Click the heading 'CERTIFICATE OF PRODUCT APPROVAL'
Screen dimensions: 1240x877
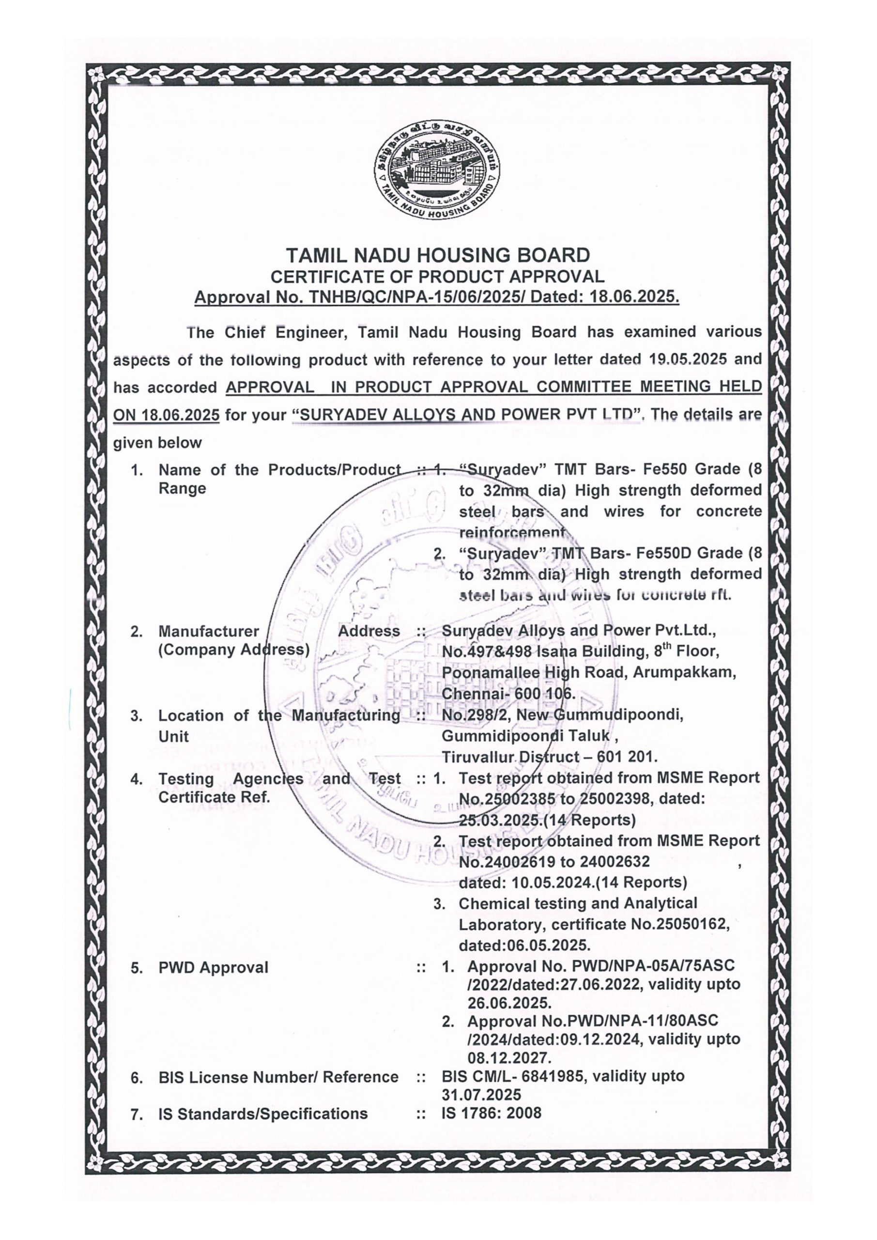point(437,277)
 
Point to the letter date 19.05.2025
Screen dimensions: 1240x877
point(685,358)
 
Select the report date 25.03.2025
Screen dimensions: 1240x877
point(496,820)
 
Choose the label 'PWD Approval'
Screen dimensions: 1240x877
point(213,967)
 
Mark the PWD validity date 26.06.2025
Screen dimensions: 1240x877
point(509,1003)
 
